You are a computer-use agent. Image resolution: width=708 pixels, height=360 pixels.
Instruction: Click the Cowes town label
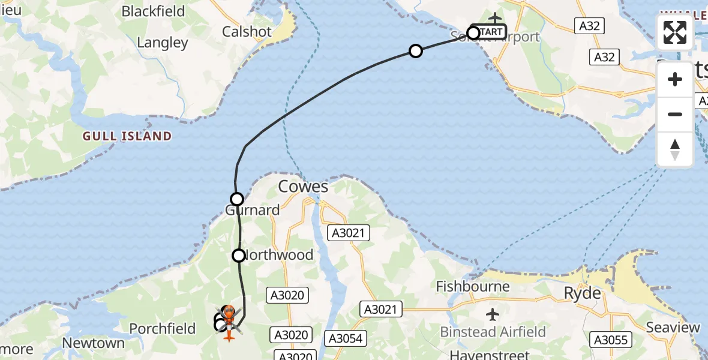(x=303, y=187)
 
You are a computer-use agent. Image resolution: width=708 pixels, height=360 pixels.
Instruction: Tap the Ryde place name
(x=582, y=293)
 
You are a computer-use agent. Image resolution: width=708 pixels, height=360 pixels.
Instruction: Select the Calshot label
(x=247, y=31)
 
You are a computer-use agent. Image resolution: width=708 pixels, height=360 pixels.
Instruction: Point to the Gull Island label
(x=128, y=136)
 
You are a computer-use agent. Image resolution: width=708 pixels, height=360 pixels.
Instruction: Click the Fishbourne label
(x=473, y=286)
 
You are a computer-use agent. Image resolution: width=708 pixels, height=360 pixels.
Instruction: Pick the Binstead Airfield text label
(x=493, y=332)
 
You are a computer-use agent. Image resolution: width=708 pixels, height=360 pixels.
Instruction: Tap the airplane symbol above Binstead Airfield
(x=493, y=314)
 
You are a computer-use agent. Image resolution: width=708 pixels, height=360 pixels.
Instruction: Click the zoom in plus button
(x=675, y=79)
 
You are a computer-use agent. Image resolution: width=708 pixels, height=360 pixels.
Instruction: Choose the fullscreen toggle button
(x=675, y=32)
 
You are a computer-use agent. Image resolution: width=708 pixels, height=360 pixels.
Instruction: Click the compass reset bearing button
(x=675, y=149)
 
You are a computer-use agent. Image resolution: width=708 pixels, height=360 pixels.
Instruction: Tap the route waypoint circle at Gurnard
(x=237, y=199)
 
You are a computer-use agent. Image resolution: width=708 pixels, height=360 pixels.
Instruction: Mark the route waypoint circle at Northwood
(x=239, y=256)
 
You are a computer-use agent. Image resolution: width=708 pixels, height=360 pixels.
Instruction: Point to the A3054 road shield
(x=345, y=338)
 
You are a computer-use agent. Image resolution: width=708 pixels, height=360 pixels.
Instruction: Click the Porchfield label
(x=162, y=329)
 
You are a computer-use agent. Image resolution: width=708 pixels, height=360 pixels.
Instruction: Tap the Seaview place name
(x=673, y=328)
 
